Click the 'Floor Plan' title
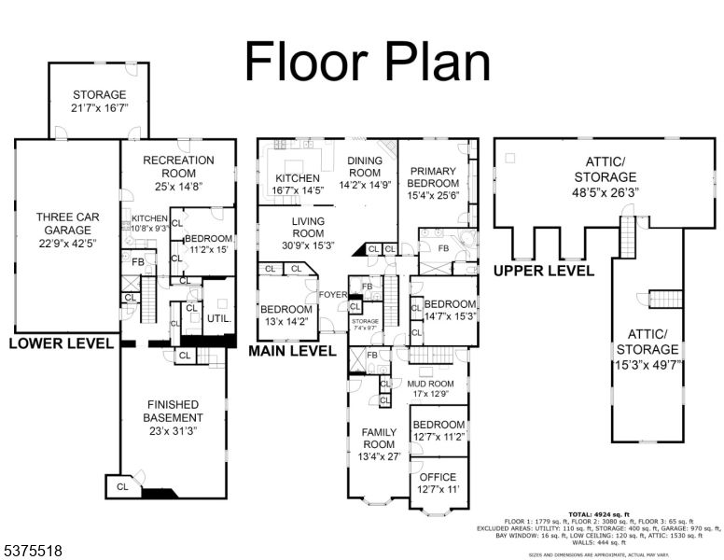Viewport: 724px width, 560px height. [367, 62]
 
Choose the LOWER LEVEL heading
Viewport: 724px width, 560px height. [62, 343]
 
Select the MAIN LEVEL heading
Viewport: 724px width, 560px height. [292, 352]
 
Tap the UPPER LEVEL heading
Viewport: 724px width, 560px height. [544, 271]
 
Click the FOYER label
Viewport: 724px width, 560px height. [332, 295]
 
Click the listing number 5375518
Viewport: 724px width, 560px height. [32, 552]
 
